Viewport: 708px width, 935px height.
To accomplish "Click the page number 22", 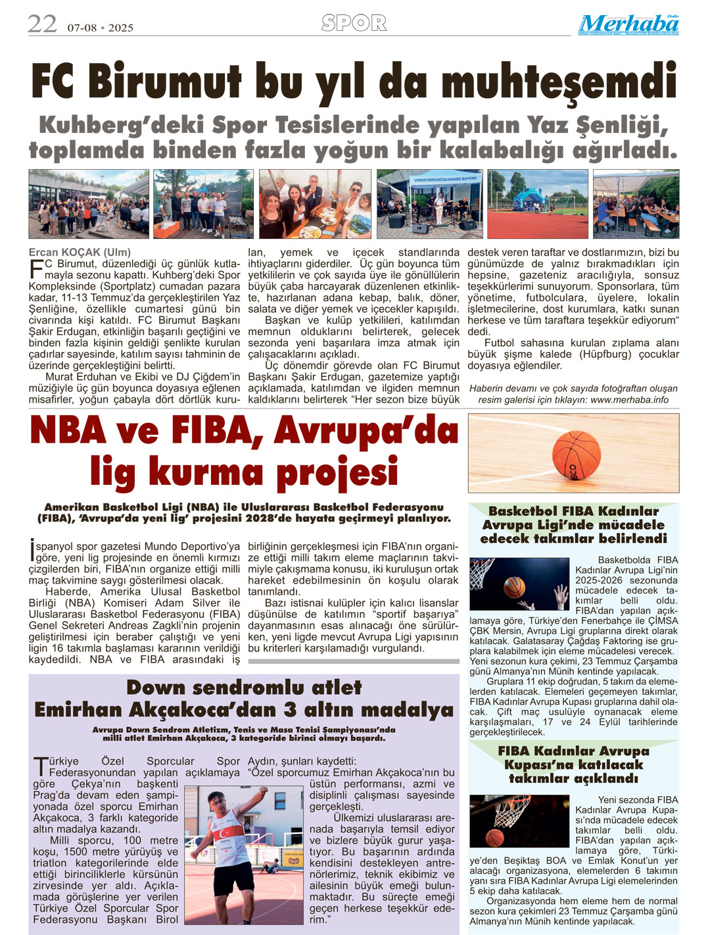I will click(x=42, y=24).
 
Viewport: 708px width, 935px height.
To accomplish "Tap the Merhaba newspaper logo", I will click(x=628, y=24).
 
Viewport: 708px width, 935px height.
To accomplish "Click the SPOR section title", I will click(x=354, y=24).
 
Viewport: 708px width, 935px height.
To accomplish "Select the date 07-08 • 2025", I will click(x=100, y=28).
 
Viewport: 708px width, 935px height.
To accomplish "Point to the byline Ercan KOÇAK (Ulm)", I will click(x=80, y=252).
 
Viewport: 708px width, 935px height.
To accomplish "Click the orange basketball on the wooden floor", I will click(x=577, y=453).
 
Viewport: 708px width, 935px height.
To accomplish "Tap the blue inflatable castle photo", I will click(x=538, y=204).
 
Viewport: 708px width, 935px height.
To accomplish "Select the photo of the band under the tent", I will click(x=430, y=204).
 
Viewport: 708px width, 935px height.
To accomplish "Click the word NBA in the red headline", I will click(x=68, y=432).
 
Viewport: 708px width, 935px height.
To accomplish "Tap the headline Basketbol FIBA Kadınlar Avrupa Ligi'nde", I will click(x=573, y=518).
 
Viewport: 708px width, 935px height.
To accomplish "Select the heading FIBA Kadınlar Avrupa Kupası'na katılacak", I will click(x=573, y=758).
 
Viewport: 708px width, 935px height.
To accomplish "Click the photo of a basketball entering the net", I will click(x=519, y=821).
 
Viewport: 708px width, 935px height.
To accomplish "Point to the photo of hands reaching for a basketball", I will click(x=519, y=584).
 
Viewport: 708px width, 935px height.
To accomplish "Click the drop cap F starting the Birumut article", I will click(x=35, y=268).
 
